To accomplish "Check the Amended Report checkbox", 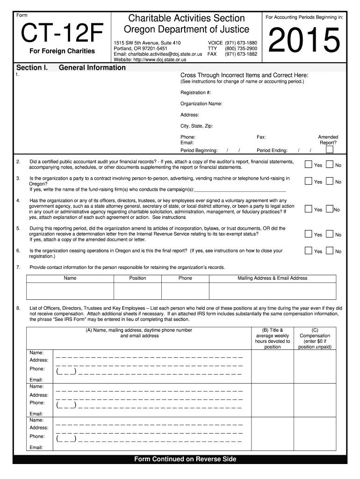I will coord(330,150).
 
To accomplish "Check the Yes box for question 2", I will coord(308,164).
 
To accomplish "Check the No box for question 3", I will coord(330,181).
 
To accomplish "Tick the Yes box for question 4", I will coord(308,209).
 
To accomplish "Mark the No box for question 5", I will coord(330,234).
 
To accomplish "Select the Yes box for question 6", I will coord(308,251).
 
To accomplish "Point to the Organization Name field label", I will coord(202,104).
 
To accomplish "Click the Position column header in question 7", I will coord(137,278).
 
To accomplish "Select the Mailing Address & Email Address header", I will coord(273,278).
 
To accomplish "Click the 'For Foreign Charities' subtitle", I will coord(62,51).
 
